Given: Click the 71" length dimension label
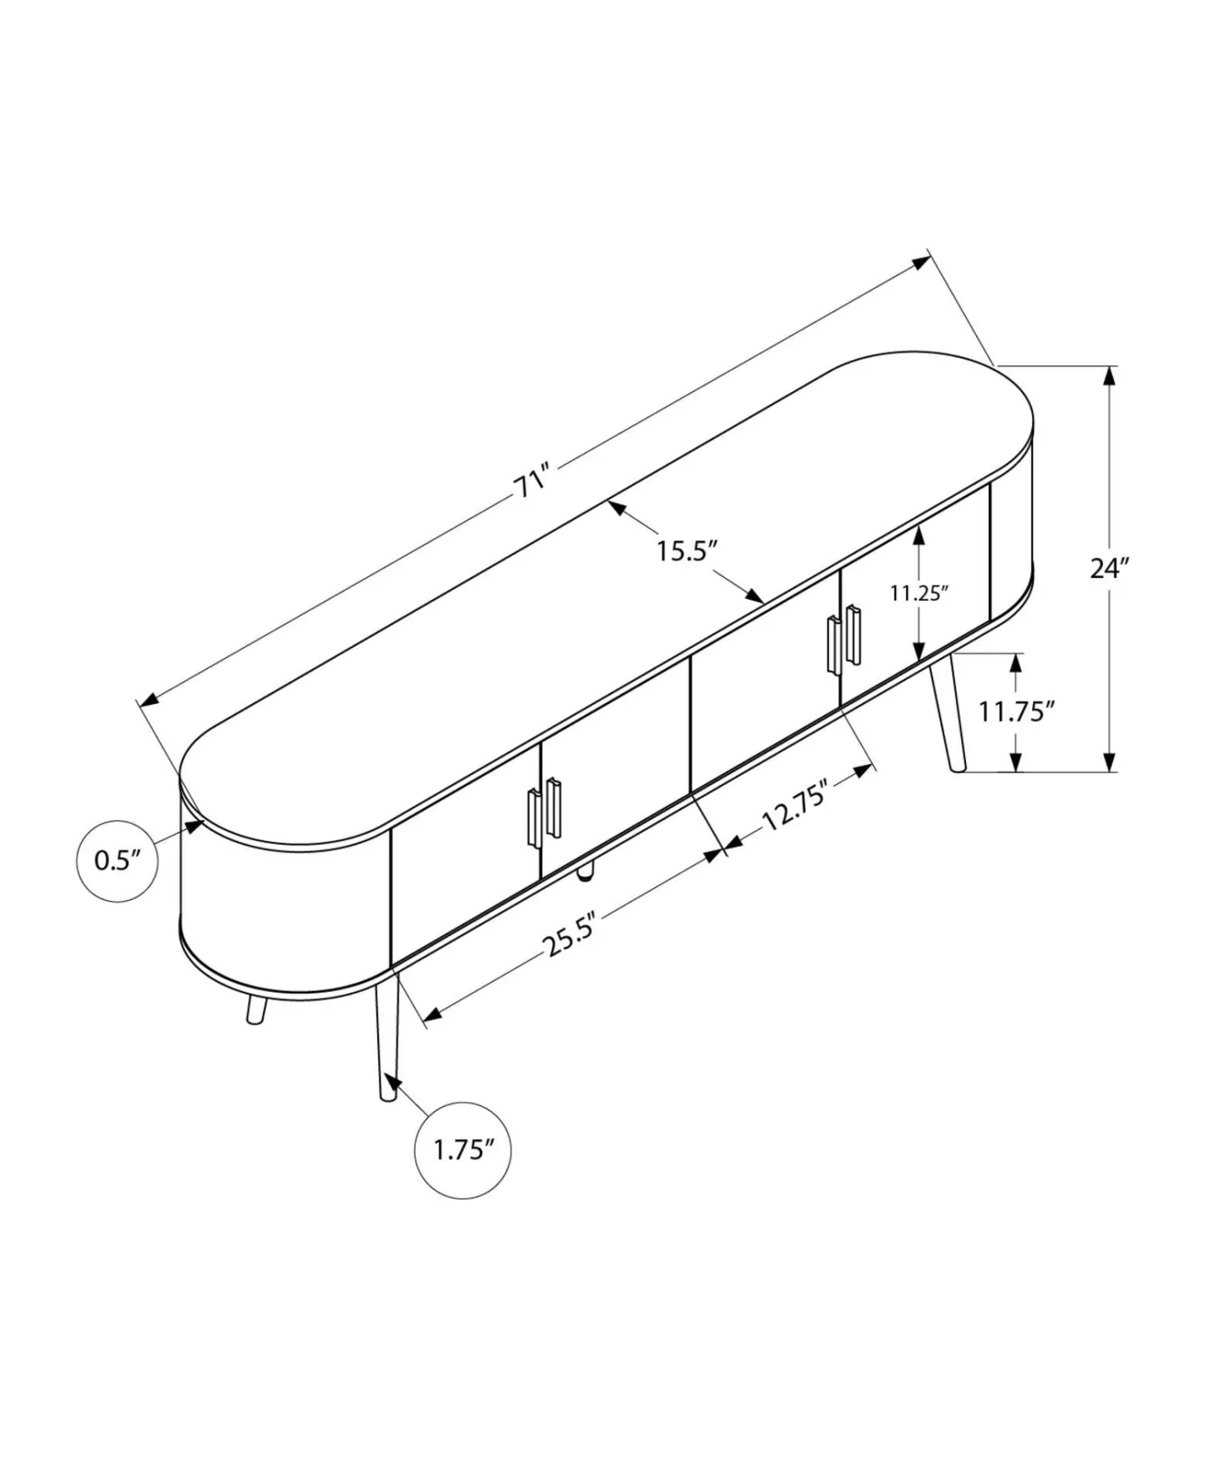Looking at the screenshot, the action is (x=533, y=482).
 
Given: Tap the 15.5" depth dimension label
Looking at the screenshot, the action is (x=686, y=550).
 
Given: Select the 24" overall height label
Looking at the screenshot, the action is (x=1110, y=568).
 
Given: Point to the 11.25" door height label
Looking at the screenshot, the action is (x=919, y=593).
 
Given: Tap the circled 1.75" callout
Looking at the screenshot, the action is (x=463, y=1151).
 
